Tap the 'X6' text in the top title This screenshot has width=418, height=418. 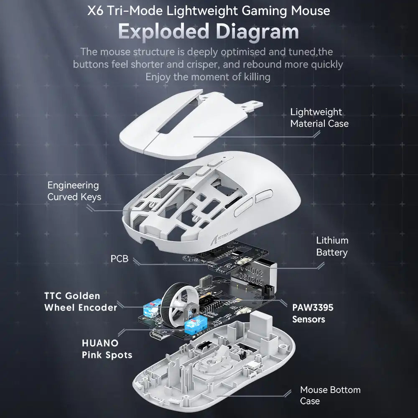[x=95, y=11]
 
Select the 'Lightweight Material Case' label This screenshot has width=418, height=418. [x=319, y=117]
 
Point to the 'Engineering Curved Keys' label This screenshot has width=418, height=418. [x=74, y=191]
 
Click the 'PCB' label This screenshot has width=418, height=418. [x=120, y=259]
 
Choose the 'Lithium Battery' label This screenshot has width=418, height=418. [x=332, y=246]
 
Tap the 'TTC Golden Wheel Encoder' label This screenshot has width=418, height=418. [x=81, y=301]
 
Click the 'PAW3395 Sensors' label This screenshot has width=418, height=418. [x=313, y=313]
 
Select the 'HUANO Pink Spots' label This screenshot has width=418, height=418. [x=107, y=349]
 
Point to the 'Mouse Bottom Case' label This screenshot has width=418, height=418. [x=330, y=395]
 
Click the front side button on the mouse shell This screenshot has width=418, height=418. [x=244, y=208]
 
